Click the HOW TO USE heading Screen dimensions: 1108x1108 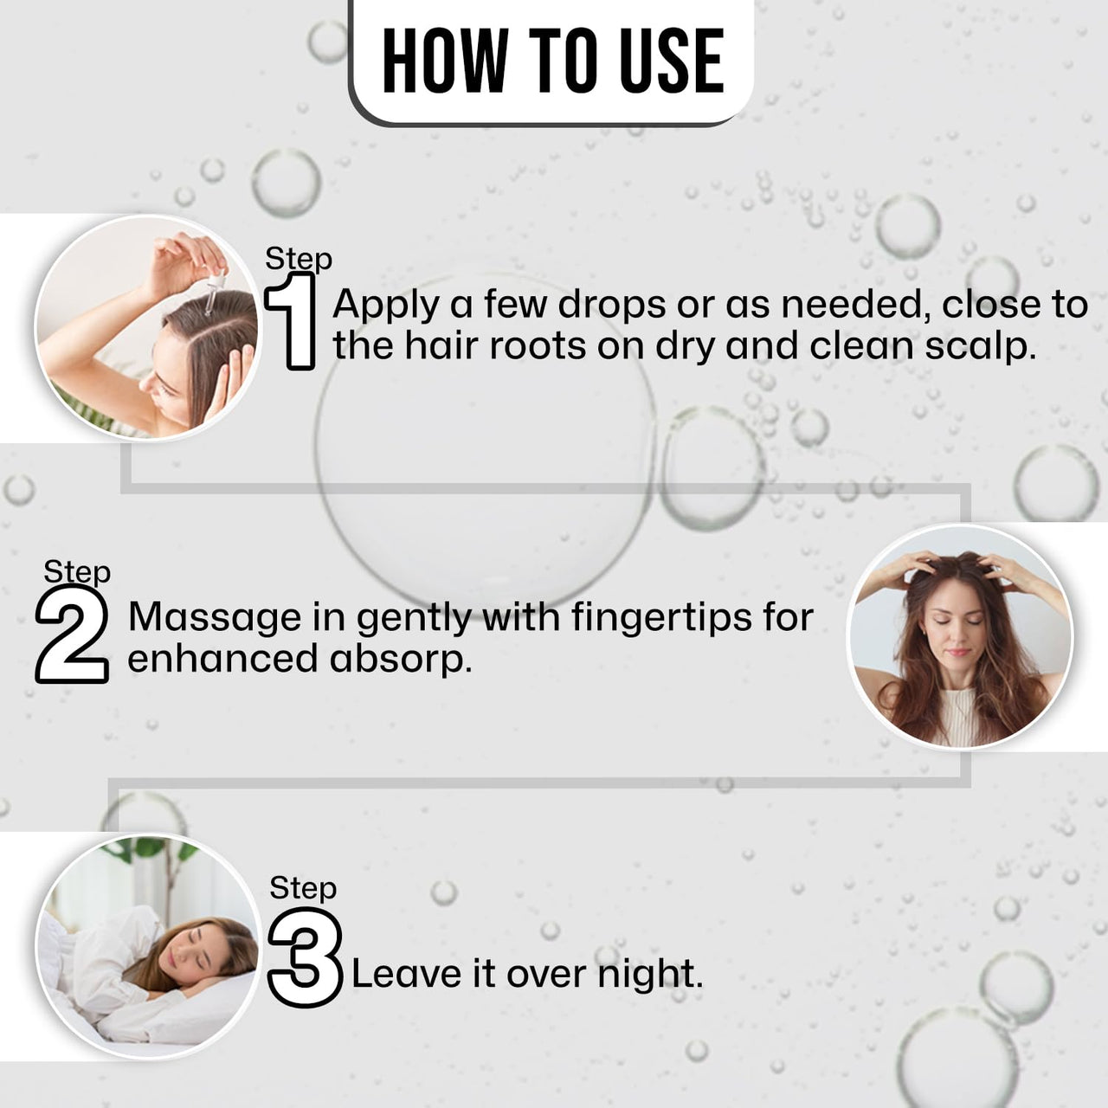(552, 61)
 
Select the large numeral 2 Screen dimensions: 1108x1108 (73, 637)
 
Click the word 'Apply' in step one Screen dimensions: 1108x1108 (386, 305)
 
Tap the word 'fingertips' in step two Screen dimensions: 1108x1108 (653, 617)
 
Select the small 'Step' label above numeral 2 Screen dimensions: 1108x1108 (77, 571)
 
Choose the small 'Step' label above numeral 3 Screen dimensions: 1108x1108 (303, 887)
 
